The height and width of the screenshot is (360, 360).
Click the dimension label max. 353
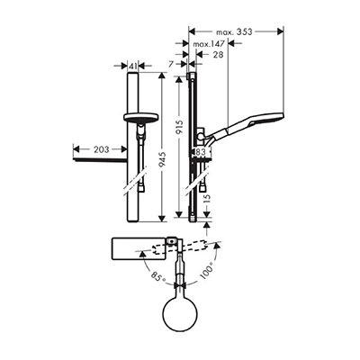coord(234,31)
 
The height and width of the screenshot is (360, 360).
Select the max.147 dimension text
coord(209,44)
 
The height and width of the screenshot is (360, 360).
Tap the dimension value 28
coord(218,54)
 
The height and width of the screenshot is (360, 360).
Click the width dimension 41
coord(133,66)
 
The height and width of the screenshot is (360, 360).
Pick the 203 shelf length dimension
coord(102,149)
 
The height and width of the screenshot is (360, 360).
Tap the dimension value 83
coord(201,152)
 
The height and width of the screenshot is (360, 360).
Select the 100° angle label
coord(206,270)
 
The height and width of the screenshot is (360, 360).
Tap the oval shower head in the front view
coord(140,117)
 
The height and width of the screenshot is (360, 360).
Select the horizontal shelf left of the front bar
coord(101,161)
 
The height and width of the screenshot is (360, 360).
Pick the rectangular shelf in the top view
coord(139,248)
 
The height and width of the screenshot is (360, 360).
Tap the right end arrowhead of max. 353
coord(281,31)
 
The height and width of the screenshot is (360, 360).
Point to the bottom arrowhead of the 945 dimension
coord(162,219)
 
